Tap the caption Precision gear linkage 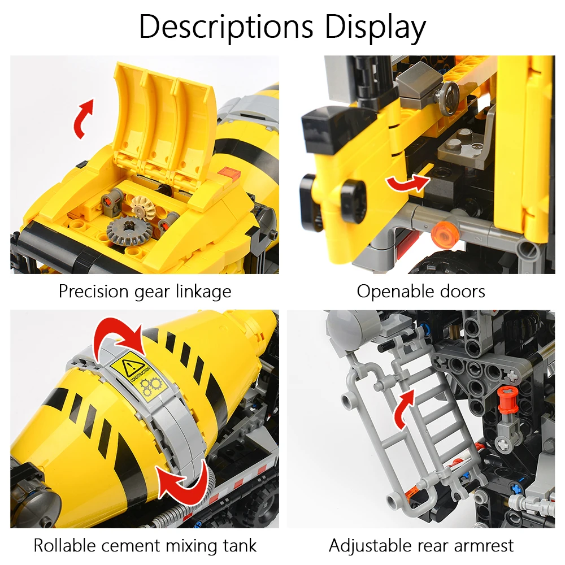click(145, 292)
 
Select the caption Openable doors click(421, 292)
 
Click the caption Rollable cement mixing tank click(145, 546)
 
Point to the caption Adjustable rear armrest click(421, 546)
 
